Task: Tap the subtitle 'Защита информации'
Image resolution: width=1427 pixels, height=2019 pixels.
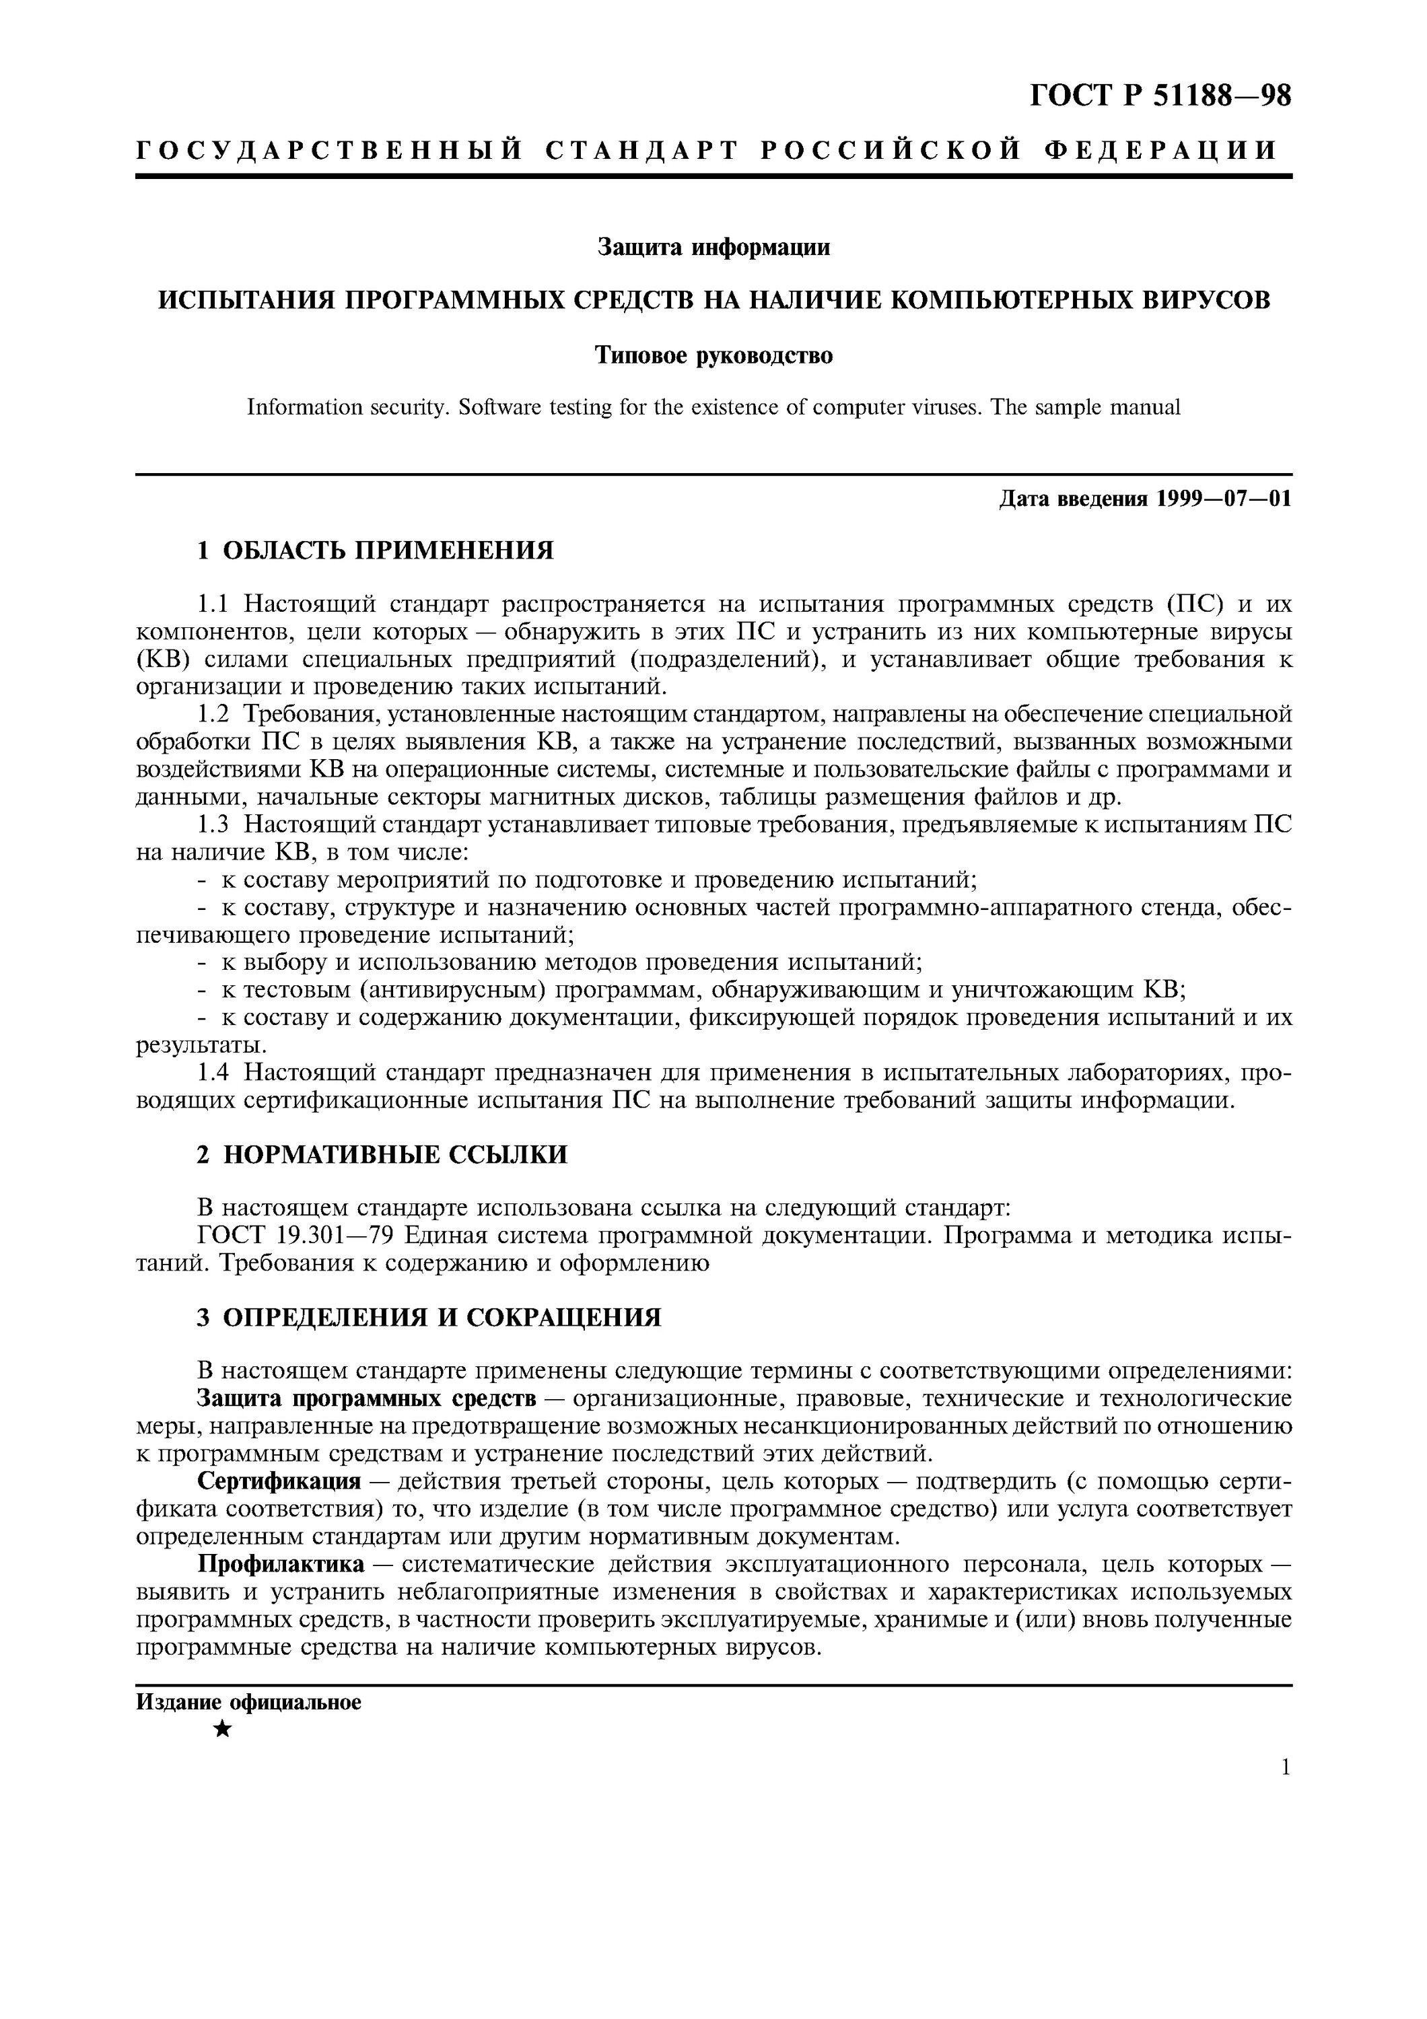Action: tap(713, 247)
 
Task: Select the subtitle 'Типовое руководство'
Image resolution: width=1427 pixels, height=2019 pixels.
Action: tap(713, 355)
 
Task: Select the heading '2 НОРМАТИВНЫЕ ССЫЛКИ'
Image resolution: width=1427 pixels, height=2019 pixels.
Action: tap(382, 1155)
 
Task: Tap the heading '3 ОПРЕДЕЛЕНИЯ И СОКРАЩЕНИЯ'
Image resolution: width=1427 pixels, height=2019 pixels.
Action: tap(428, 1317)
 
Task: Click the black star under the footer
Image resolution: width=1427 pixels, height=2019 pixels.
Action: tap(223, 1730)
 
